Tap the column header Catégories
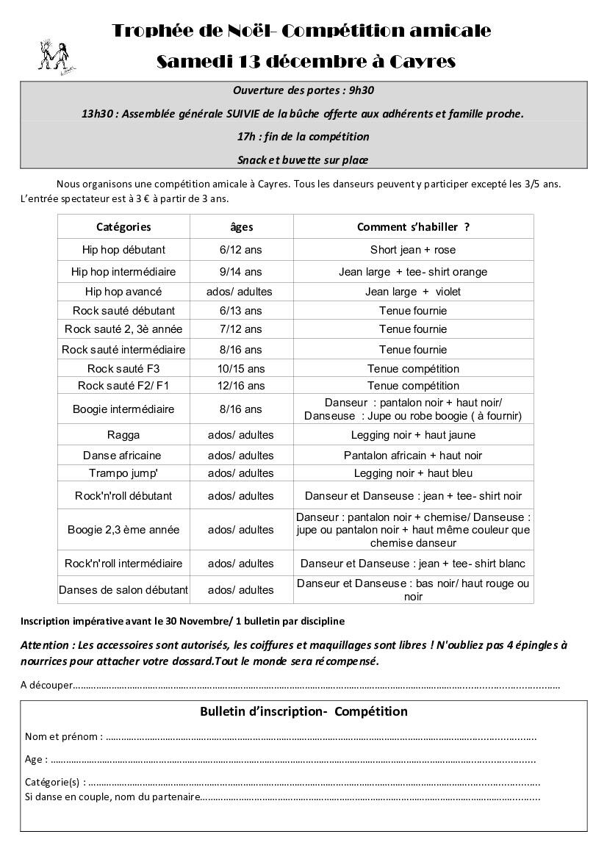[x=123, y=227]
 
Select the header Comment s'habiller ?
[x=413, y=227]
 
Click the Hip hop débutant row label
[x=123, y=250]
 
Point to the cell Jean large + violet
[x=413, y=292]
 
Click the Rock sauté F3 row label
[x=123, y=369]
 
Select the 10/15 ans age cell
[x=241, y=369]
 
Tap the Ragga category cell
[x=123, y=435]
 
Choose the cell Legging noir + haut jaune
[x=413, y=435]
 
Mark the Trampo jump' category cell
[x=123, y=473]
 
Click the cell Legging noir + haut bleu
[x=413, y=473]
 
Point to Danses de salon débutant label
[x=123, y=590]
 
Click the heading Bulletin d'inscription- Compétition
[x=303, y=711]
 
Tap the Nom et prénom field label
[x=63, y=736]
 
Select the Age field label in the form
[x=36, y=760]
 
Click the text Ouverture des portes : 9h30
[x=304, y=90]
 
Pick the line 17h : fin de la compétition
[x=303, y=137]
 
